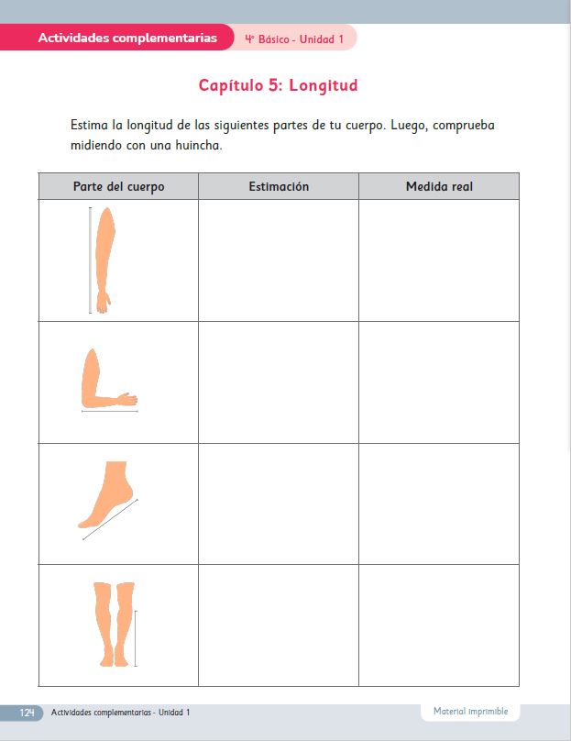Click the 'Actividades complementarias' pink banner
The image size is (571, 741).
point(127,39)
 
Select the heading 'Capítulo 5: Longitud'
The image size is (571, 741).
point(278,86)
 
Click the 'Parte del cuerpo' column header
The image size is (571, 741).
point(118,186)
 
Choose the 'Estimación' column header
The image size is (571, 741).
point(279,186)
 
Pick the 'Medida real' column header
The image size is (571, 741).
point(439,186)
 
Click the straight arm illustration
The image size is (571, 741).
point(104,260)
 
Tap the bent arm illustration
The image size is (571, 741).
point(104,380)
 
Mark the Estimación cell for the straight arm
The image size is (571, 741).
point(279,260)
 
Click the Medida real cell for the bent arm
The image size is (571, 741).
point(439,382)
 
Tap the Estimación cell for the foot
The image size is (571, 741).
point(279,503)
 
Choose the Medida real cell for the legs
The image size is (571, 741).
point(439,625)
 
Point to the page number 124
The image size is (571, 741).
point(27,713)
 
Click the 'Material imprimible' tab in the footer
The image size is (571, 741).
point(470,711)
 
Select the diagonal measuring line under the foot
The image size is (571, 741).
point(110,519)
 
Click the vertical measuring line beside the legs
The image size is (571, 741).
point(136,637)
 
